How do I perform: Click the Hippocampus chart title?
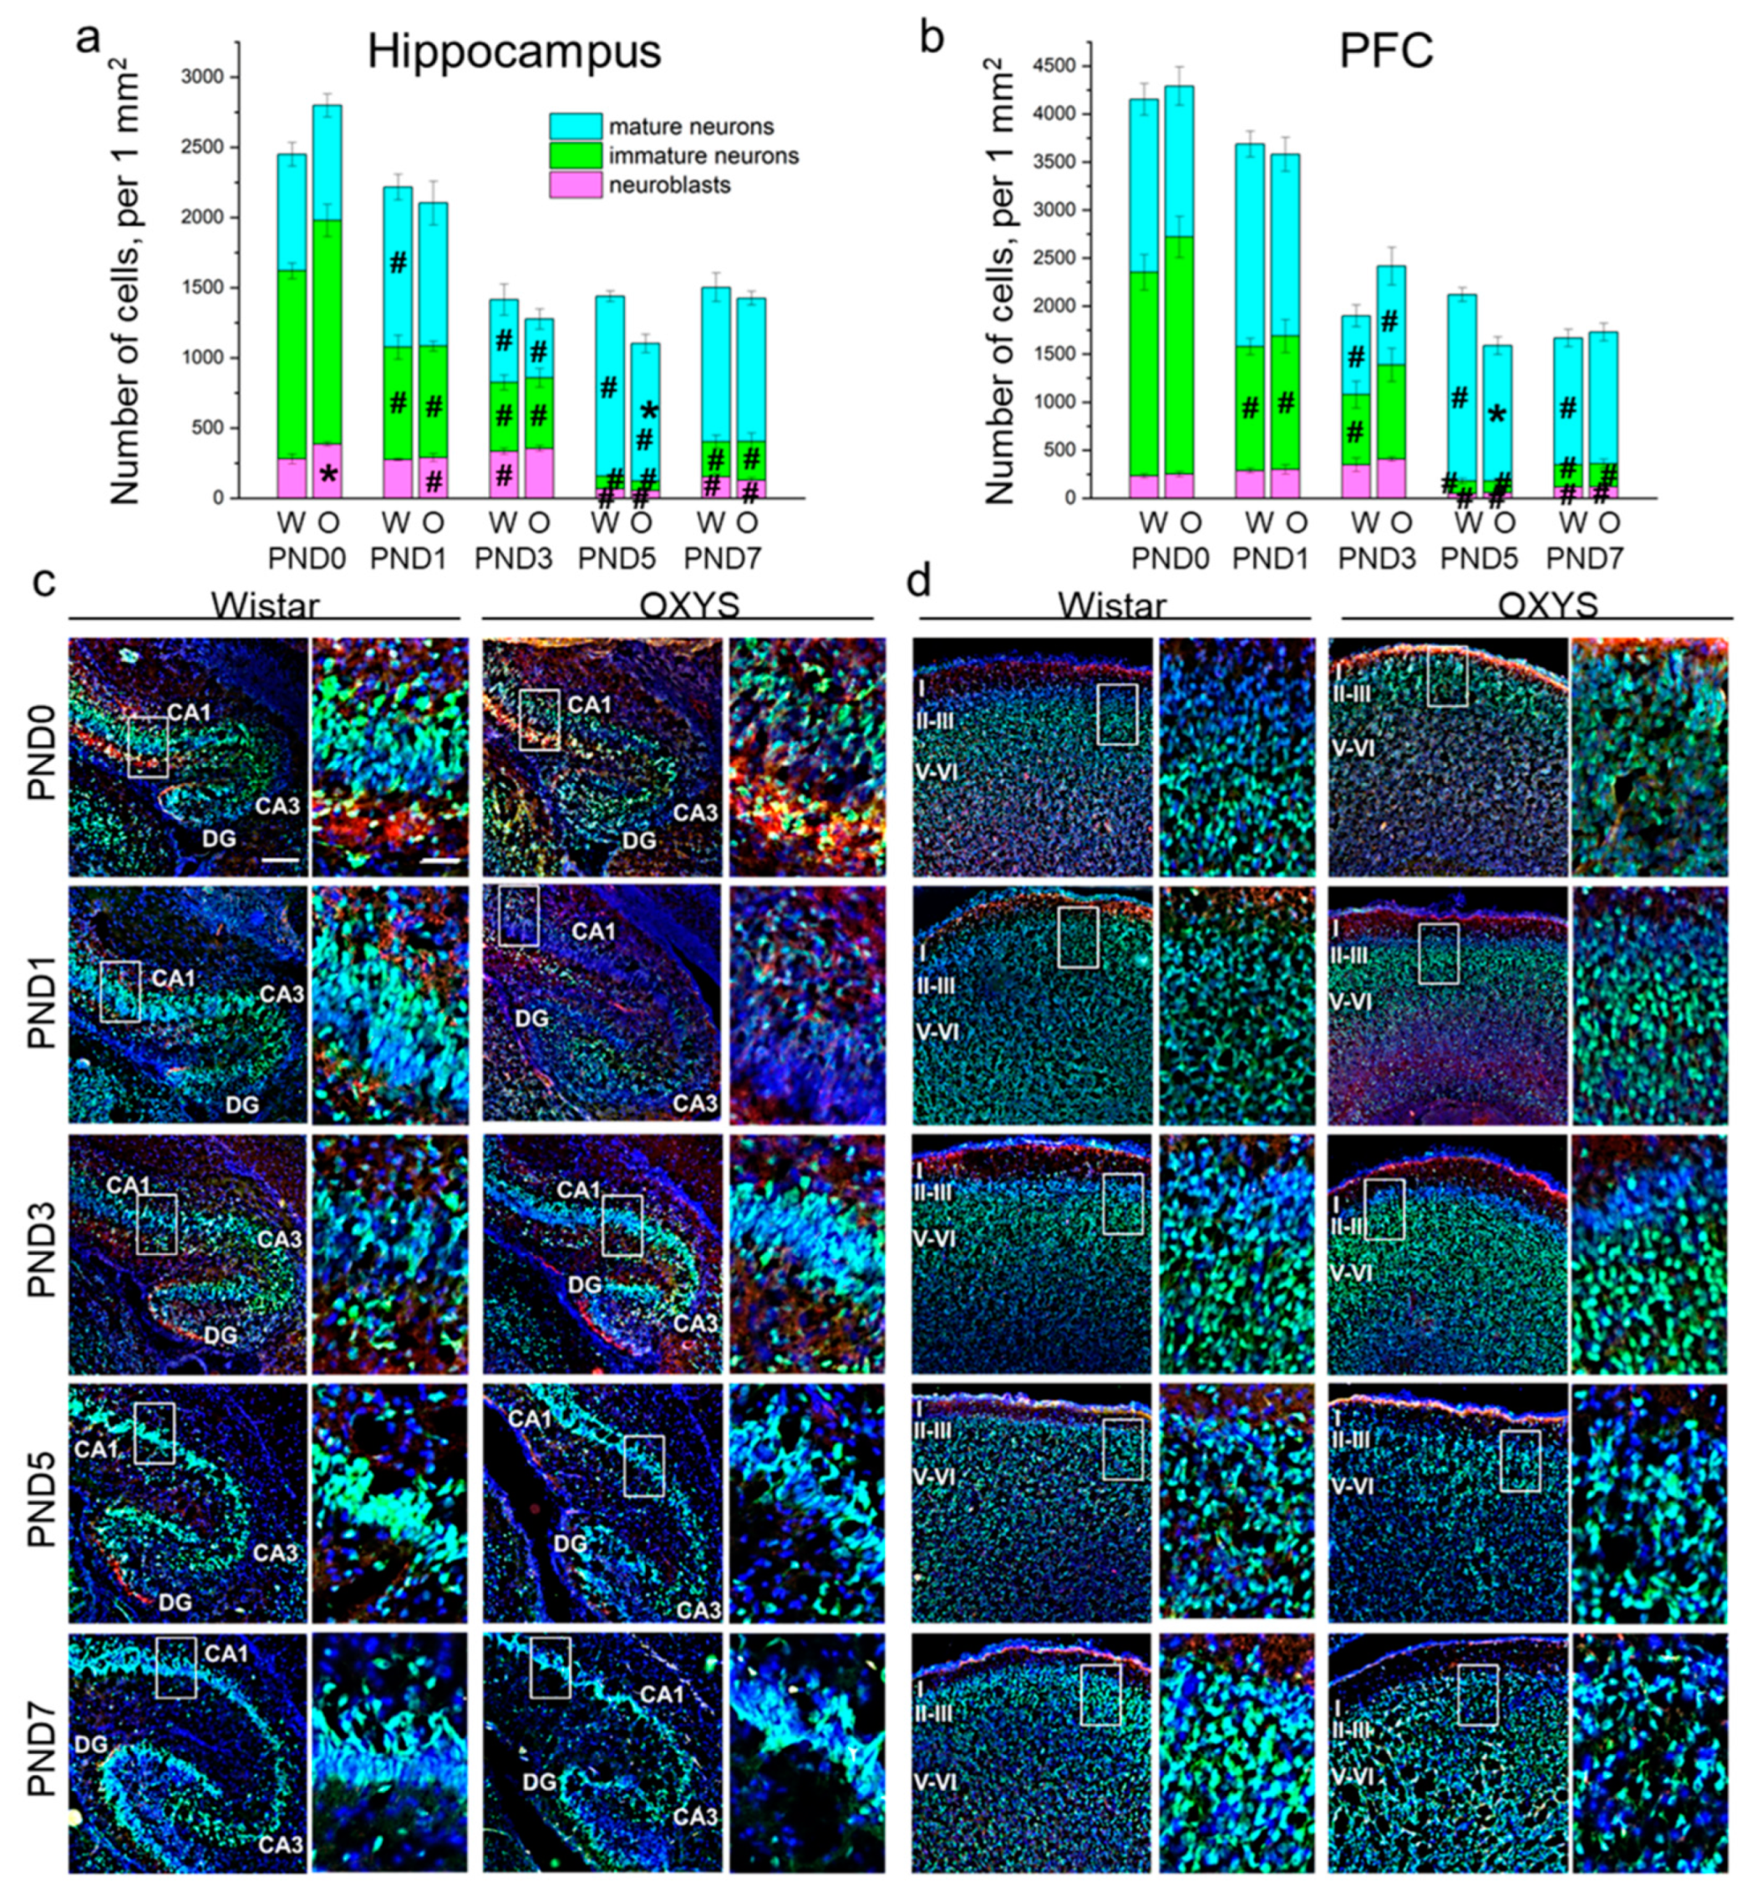pos(514,51)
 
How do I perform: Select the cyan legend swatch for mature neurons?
pos(574,126)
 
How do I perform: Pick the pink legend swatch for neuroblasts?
pos(574,185)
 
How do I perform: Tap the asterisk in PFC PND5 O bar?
pos(1496,415)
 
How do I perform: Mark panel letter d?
pos(918,582)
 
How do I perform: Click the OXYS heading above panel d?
pos(1547,606)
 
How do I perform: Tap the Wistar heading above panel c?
pos(265,606)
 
